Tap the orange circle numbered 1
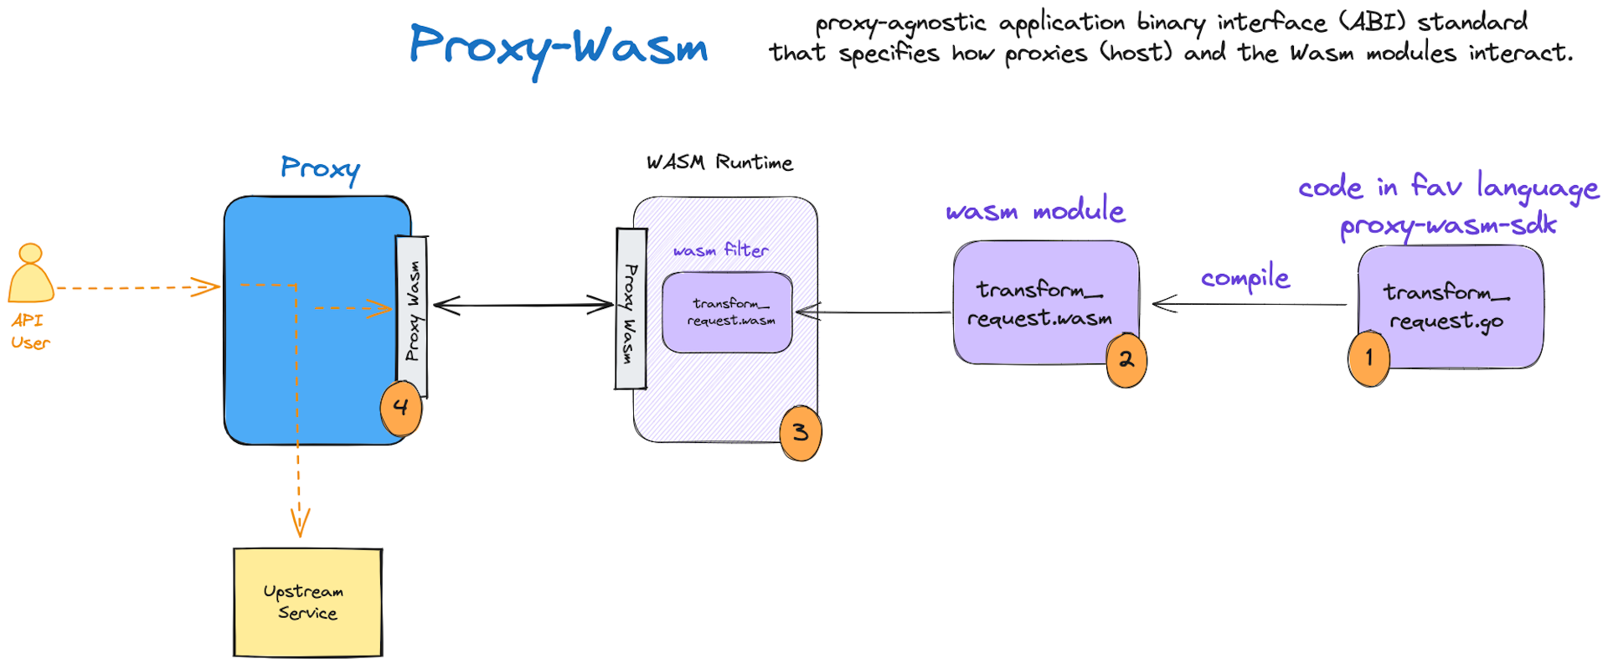[x=1368, y=358]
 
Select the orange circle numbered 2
[x=1126, y=360]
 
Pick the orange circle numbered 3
[x=800, y=433]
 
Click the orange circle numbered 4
[x=400, y=408]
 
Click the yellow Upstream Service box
[x=307, y=602]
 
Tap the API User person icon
[x=31, y=274]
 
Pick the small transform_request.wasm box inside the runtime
[x=727, y=311]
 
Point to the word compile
[x=1245, y=277]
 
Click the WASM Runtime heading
[x=719, y=162]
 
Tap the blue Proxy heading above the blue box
[x=320, y=168]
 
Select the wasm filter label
[x=720, y=250]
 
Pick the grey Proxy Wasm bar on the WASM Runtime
[x=631, y=310]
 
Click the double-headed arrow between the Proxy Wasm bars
[x=523, y=306]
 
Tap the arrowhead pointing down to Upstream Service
[x=300, y=522]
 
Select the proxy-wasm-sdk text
[x=1447, y=225]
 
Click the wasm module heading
[x=1034, y=210]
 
